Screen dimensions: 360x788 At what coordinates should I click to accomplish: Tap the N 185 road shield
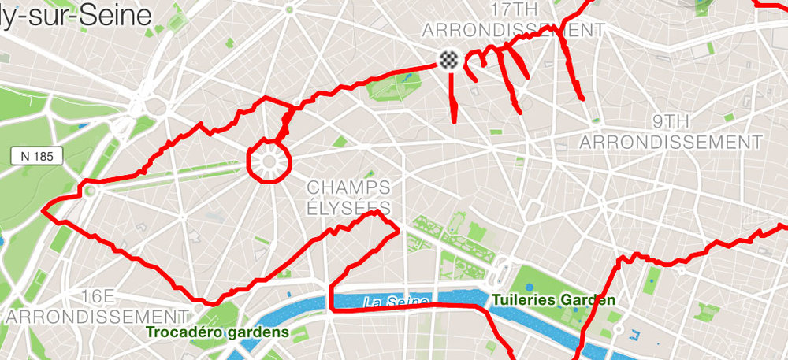37,157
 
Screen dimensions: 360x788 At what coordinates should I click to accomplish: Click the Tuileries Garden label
553,300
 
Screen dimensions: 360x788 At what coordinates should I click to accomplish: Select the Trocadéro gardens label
217,332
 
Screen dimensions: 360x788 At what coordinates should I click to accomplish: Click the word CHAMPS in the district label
348,187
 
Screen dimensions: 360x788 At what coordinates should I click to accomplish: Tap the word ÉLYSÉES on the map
348,208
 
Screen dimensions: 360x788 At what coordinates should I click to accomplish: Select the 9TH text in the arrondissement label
671,121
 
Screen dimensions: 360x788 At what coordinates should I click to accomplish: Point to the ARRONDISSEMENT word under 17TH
513,31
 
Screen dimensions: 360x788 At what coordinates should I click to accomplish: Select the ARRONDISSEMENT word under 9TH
671,142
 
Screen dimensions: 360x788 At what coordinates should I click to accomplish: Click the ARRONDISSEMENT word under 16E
98,316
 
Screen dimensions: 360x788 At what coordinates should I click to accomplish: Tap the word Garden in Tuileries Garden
589,300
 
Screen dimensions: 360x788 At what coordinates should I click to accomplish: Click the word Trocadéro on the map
186,332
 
